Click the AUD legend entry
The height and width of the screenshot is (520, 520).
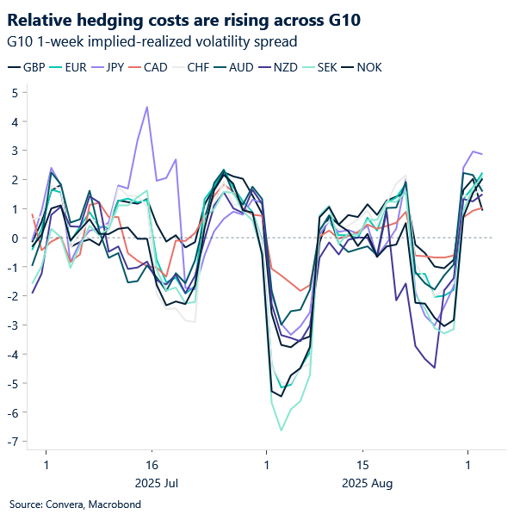coord(245,67)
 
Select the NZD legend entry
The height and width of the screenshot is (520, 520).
coord(288,67)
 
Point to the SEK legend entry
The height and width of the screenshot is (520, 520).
coord(331,67)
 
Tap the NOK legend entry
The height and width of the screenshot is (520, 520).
coord(372,67)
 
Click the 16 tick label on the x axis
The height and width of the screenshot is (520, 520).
coord(152,464)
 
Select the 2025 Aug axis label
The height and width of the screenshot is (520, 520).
coord(367,483)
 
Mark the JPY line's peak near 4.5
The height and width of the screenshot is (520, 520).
coord(147,108)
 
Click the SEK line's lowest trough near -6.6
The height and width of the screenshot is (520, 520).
coord(281,430)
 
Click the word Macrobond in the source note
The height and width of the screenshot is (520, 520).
coord(108,504)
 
